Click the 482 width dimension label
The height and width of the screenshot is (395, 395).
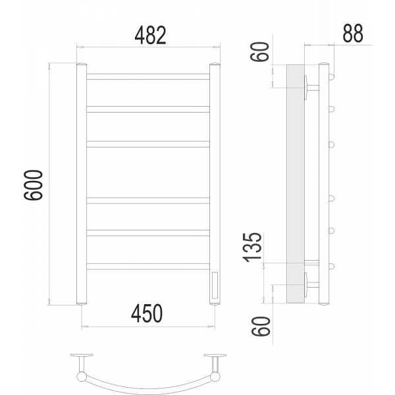coord(150,35)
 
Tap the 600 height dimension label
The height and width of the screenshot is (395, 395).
coord(34,185)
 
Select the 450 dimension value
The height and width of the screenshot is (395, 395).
coord(147,313)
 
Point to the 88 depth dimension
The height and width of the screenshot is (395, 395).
coord(353,33)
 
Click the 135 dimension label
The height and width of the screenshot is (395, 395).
coord(252,247)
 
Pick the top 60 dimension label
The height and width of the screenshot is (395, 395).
coord(260,51)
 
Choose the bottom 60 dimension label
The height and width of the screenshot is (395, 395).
coord(261,326)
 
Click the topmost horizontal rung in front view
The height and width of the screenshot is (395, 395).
coord(148,76)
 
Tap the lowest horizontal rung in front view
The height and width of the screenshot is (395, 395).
coord(148,266)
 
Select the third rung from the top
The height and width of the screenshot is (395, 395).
coord(148,144)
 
